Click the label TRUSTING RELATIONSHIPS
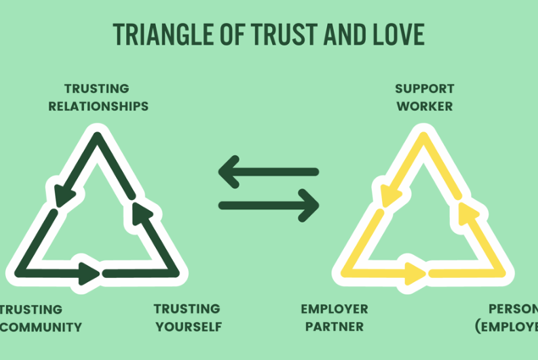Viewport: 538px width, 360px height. [98, 97]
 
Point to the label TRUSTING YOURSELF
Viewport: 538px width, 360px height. [187, 317]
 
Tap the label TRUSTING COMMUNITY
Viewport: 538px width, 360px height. [41, 317]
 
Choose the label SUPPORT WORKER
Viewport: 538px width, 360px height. [424, 97]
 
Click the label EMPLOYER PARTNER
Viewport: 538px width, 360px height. [334, 317]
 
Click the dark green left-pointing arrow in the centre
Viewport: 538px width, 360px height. [268, 173]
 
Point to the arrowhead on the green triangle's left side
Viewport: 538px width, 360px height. [62, 197]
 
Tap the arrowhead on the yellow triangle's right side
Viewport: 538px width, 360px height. [465, 208]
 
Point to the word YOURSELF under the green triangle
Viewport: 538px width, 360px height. [187, 326]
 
